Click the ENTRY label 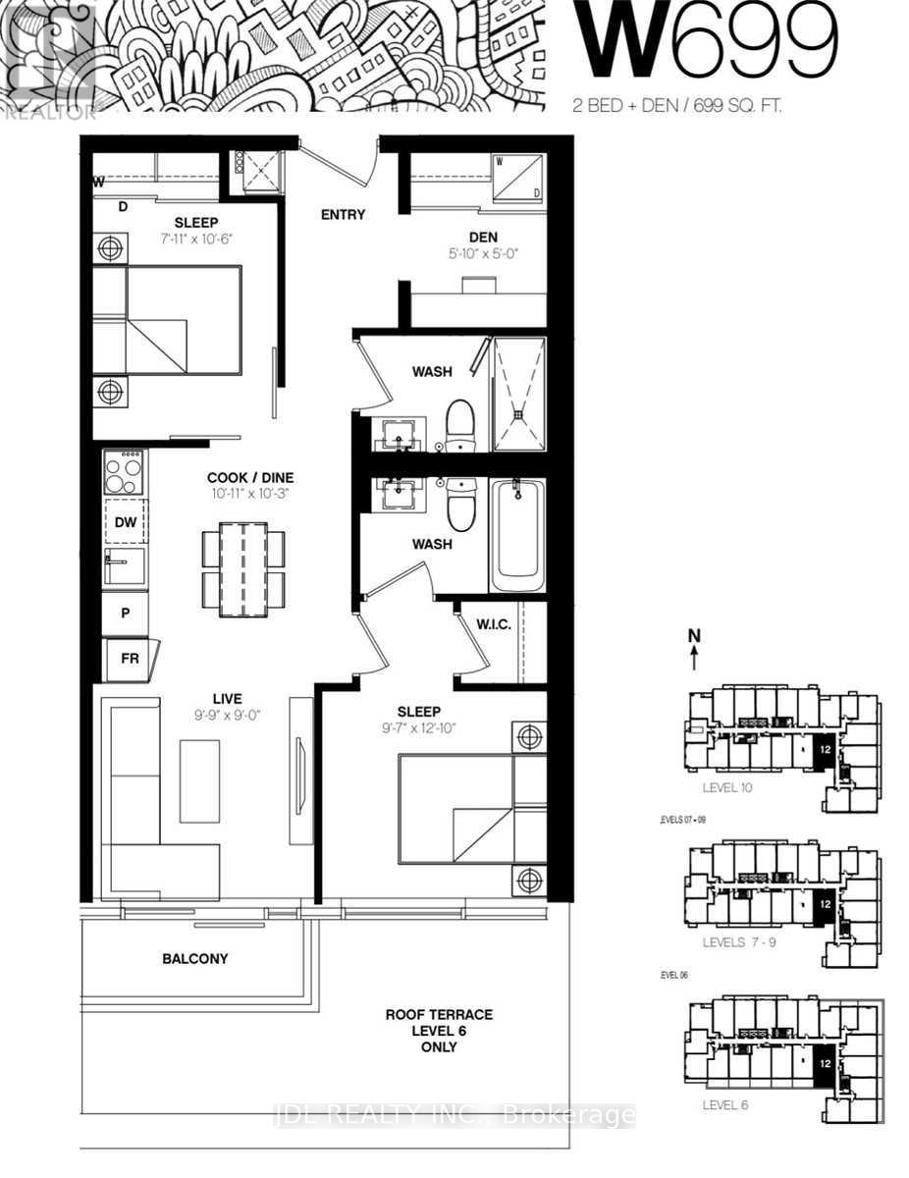point(343,215)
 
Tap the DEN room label point(483,237)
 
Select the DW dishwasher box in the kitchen point(126,522)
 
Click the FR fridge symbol point(129,659)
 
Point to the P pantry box point(126,614)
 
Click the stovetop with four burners point(126,473)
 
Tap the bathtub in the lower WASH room point(517,535)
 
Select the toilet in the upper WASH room point(459,426)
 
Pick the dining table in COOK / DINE point(243,569)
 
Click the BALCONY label point(195,958)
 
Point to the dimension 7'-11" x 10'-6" point(196,239)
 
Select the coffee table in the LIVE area point(199,781)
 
